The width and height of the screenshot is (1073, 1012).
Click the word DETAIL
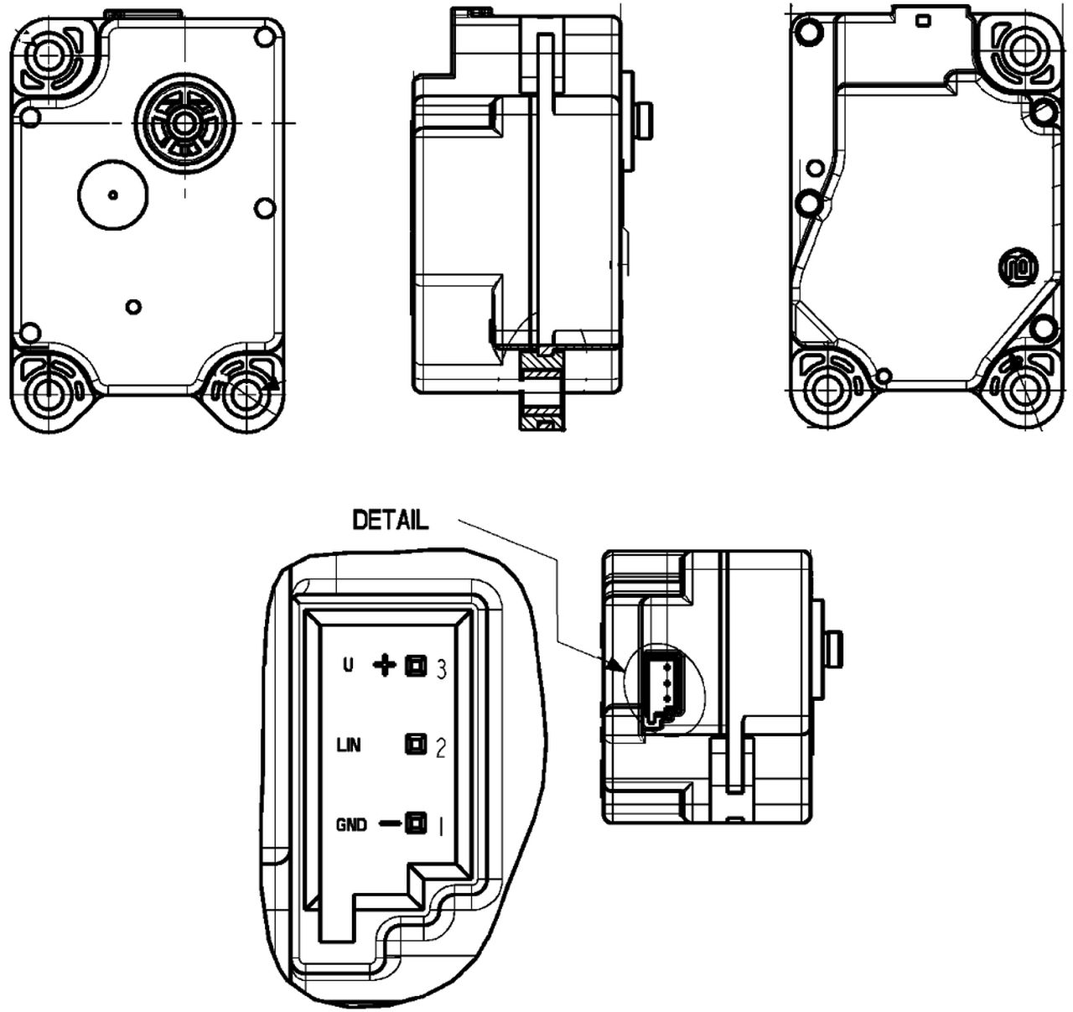click(x=391, y=520)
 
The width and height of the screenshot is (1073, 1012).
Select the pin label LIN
click(x=348, y=745)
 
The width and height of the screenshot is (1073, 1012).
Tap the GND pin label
click(x=351, y=825)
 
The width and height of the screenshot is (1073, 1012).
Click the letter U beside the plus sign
click(x=348, y=667)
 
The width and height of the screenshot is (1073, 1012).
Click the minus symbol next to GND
click(x=389, y=824)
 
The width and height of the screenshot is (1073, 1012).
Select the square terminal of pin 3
click(x=414, y=666)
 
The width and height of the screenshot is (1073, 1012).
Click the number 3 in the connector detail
click(x=441, y=668)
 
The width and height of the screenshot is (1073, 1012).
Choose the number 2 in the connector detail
click(x=441, y=747)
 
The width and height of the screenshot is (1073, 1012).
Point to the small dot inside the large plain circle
click(x=113, y=195)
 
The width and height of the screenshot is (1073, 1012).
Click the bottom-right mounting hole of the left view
click(x=246, y=392)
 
